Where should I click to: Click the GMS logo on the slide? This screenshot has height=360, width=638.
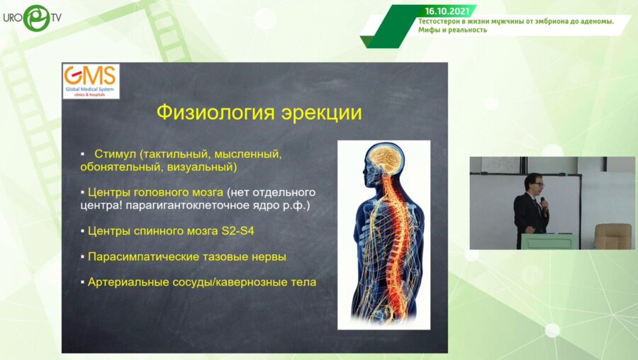click(91, 81)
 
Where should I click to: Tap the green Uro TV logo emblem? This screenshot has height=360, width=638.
click(36, 18)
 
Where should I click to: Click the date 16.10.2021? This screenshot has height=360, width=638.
click(447, 11)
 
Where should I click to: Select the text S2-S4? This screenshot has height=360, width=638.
click(237, 230)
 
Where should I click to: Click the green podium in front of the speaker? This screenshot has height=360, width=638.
click(549, 241)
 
